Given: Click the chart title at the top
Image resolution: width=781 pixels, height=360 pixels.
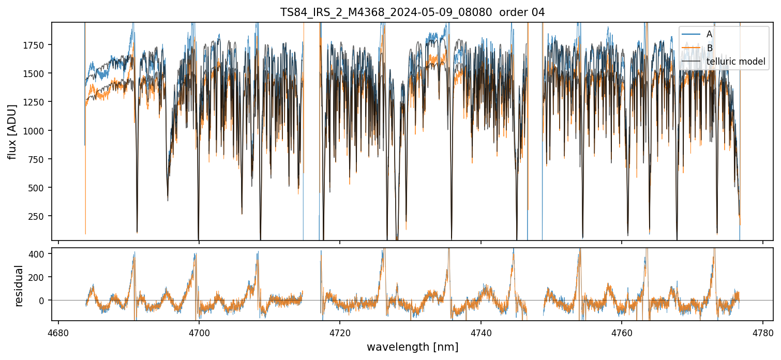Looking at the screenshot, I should (412, 12).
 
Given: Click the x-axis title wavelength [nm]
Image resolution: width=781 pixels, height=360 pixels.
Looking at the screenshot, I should (412, 347).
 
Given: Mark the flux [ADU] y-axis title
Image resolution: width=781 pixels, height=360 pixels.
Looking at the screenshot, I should (12, 131).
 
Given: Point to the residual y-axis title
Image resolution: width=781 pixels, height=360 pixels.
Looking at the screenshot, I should (19, 286).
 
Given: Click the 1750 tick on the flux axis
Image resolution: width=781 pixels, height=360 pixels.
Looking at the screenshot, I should (35, 45).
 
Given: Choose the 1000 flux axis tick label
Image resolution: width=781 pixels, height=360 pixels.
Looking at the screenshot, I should (35, 131).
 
